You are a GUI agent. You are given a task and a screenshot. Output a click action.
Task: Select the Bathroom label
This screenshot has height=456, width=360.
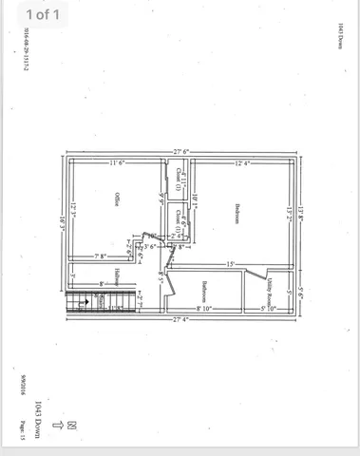tap(205, 289)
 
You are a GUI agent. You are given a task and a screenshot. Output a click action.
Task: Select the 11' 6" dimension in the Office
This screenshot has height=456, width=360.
tap(119, 163)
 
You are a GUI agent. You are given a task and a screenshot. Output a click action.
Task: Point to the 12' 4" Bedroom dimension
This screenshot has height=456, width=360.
tap(241, 163)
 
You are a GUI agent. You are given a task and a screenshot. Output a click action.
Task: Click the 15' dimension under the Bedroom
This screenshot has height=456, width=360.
tap(231, 263)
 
